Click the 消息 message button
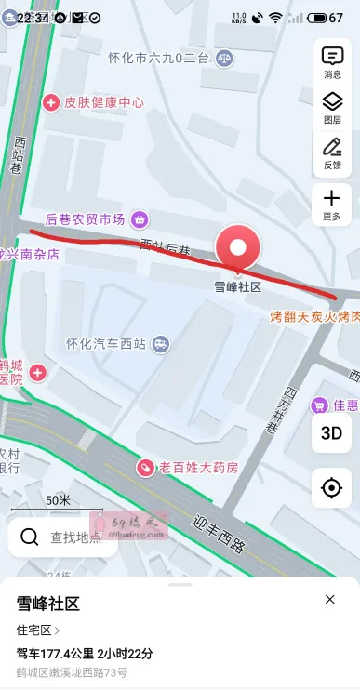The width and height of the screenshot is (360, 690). coord(331,61)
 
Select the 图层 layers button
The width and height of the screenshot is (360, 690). coord(331,108)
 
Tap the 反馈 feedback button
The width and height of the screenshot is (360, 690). coord(331,153)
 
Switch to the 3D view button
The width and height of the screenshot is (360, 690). coord(331,432)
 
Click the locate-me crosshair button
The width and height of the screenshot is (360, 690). coord(331,487)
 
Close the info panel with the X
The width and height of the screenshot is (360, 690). coord(329,600)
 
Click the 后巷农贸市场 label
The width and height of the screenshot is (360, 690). coord(86,219)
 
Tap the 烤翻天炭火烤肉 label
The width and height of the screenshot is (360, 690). coord(313,316)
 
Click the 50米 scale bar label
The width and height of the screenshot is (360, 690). coord(58,500)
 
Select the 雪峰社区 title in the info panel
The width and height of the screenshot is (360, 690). coord(48,604)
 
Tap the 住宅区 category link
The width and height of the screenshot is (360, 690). coord(37,630)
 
